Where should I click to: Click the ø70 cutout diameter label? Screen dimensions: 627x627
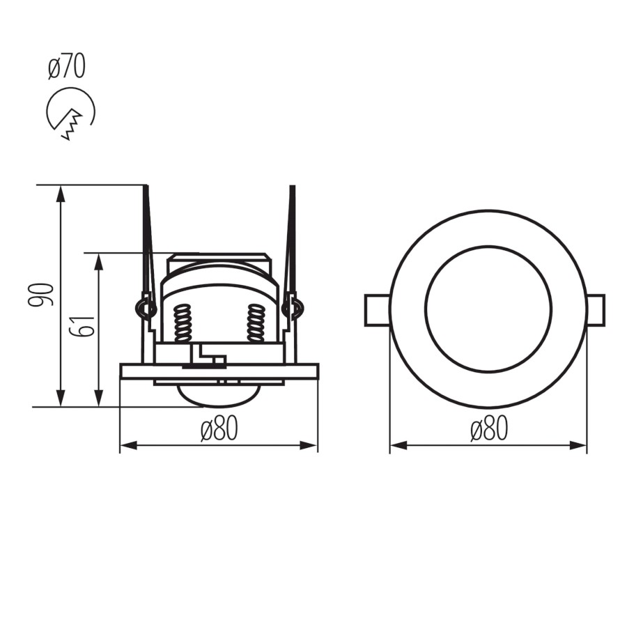(66, 68)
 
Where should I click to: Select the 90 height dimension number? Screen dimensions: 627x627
(41, 295)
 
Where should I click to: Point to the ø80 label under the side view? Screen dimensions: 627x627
(219, 428)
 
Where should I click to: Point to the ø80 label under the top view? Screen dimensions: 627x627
(489, 428)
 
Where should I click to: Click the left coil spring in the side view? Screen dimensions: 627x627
(183, 323)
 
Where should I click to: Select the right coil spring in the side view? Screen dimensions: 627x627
(256, 323)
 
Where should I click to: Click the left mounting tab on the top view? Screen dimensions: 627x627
(377, 310)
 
